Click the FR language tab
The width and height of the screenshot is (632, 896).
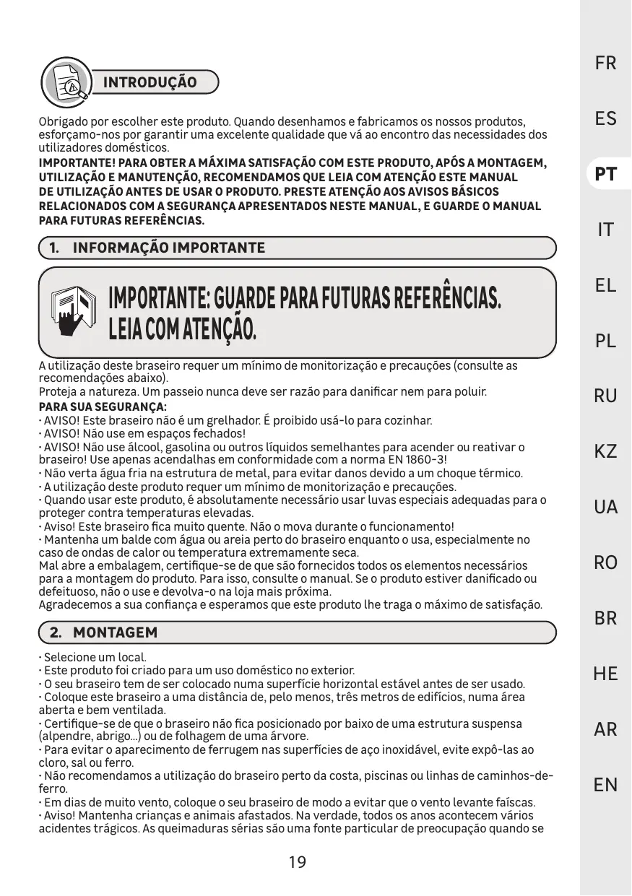[606, 63]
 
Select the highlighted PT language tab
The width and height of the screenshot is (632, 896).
[606, 175]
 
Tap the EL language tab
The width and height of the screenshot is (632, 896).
[606, 285]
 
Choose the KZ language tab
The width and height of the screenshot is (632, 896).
[606, 452]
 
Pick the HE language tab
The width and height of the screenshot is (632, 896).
[606, 674]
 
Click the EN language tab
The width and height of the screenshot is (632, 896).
[606, 785]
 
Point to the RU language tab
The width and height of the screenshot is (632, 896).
[606, 396]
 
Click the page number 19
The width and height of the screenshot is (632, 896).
[297, 861]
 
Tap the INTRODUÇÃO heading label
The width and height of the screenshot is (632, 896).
[150, 82]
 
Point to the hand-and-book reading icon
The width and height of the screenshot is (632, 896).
[74, 310]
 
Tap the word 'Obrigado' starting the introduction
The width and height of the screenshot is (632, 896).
[62, 121]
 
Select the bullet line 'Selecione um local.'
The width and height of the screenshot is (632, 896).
[95, 658]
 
